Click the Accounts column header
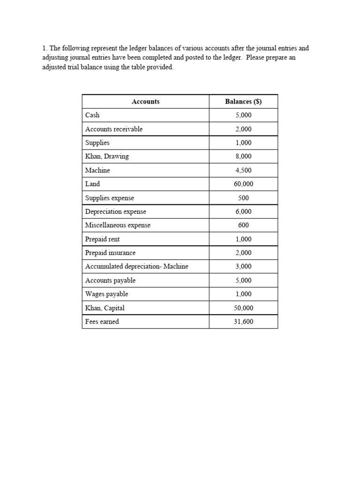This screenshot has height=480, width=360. pyautogui.click(x=145, y=101)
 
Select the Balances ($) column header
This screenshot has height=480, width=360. pyautogui.click(x=243, y=101)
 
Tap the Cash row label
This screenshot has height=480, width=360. pyautogui.click(x=92, y=115)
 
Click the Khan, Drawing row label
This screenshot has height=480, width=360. pyautogui.click(x=107, y=157)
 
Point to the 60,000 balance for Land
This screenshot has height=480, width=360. pyautogui.click(x=243, y=184)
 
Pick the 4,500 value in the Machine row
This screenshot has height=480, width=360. pyautogui.click(x=243, y=170)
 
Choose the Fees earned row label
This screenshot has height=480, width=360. pyautogui.click(x=102, y=322)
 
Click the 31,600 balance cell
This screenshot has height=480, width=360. pyautogui.click(x=243, y=322)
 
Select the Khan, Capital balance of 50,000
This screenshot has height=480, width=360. pyautogui.click(x=243, y=308)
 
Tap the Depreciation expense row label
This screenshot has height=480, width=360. pyautogui.click(x=115, y=211)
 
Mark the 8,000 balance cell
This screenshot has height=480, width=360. pyautogui.click(x=243, y=157)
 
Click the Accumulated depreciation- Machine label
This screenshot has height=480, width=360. pyautogui.click(x=136, y=266)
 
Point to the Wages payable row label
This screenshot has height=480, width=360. pyautogui.click(x=106, y=294)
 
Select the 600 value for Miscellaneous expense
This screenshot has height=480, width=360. pyautogui.click(x=243, y=225)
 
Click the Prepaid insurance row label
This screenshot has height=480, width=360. pyautogui.click(x=110, y=253)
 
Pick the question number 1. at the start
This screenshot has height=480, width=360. pyautogui.click(x=45, y=48)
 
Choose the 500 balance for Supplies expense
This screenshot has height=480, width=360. pyautogui.click(x=243, y=198)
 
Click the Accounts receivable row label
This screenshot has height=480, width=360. pyautogui.click(x=114, y=129)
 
